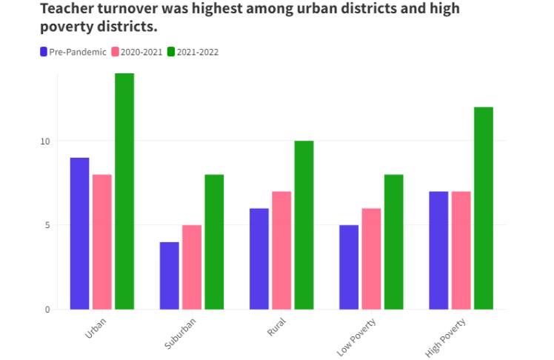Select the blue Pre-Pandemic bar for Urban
click(x=79, y=233)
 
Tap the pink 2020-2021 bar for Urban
click(x=102, y=241)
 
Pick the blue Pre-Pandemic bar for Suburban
click(x=169, y=276)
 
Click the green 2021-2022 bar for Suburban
click(x=214, y=241)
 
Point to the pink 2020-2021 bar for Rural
click(x=281, y=250)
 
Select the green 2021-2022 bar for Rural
click(x=304, y=224)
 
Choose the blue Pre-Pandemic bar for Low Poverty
click(x=349, y=267)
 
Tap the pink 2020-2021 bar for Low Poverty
click(x=371, y=259)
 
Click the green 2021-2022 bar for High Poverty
click(x=484, y=208)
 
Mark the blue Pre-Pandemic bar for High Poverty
click(x=438, y=250)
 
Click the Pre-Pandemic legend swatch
click(x=44, y=52)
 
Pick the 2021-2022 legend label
click(x=197, y=52)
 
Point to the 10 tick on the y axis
click(x=44, y=141)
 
